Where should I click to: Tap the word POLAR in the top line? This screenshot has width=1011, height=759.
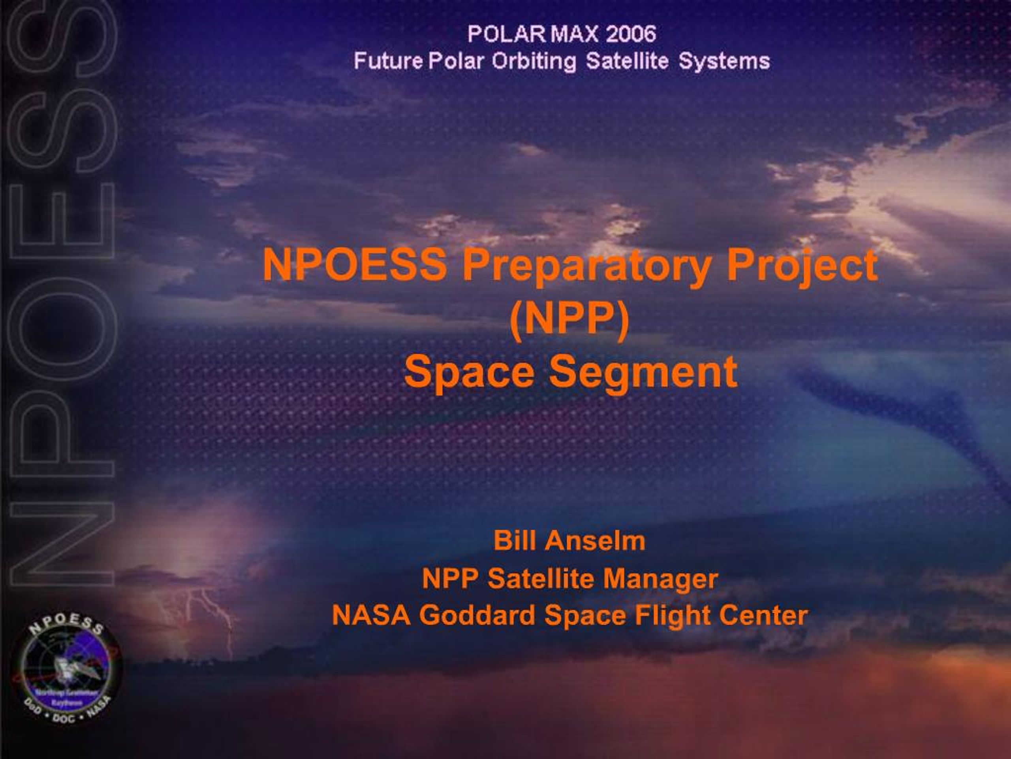(x=506, y=34)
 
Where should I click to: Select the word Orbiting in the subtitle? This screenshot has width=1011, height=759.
(x=534, y=61)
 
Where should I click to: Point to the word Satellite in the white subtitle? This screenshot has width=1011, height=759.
(x=627, y=61)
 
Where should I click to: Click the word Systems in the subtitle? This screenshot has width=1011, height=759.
(x=724, y=61)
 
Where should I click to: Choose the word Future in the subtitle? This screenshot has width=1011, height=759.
(x=388, y=61)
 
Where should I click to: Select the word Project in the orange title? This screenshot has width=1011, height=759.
(x=802, y=266)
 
